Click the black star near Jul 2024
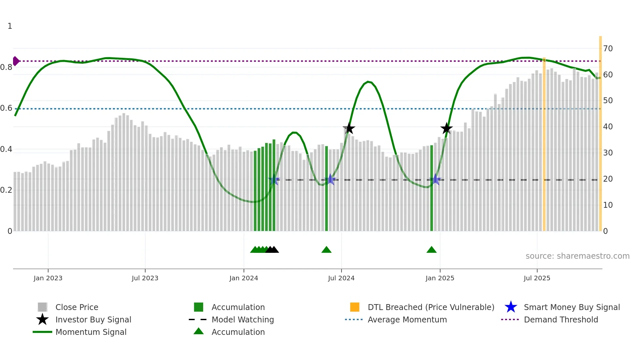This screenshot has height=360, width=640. point(349,128)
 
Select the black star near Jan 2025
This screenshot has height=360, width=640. point(446,128)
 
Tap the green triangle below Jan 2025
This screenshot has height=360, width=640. point(431,250)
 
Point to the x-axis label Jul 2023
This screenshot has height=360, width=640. point(145,278)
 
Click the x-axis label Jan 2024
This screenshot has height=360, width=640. point(244,278)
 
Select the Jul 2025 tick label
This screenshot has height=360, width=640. point(537,278)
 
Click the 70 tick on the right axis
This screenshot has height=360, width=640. point(608,49)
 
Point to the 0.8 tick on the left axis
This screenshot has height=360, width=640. point(6,67)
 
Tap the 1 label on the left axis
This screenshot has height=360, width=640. point(10,26)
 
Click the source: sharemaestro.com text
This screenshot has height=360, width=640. point(577,256)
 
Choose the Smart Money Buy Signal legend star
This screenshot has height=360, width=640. point(511,307)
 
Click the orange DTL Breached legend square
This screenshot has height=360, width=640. point(355,307)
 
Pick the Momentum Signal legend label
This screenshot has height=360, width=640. point(91,332)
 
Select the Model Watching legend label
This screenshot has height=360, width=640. point(243,319)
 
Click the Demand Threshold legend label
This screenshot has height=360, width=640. point(561,319)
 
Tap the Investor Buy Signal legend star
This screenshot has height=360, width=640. point(42,319)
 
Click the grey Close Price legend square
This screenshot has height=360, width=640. point(42,307)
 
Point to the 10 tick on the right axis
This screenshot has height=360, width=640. point(608,205)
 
